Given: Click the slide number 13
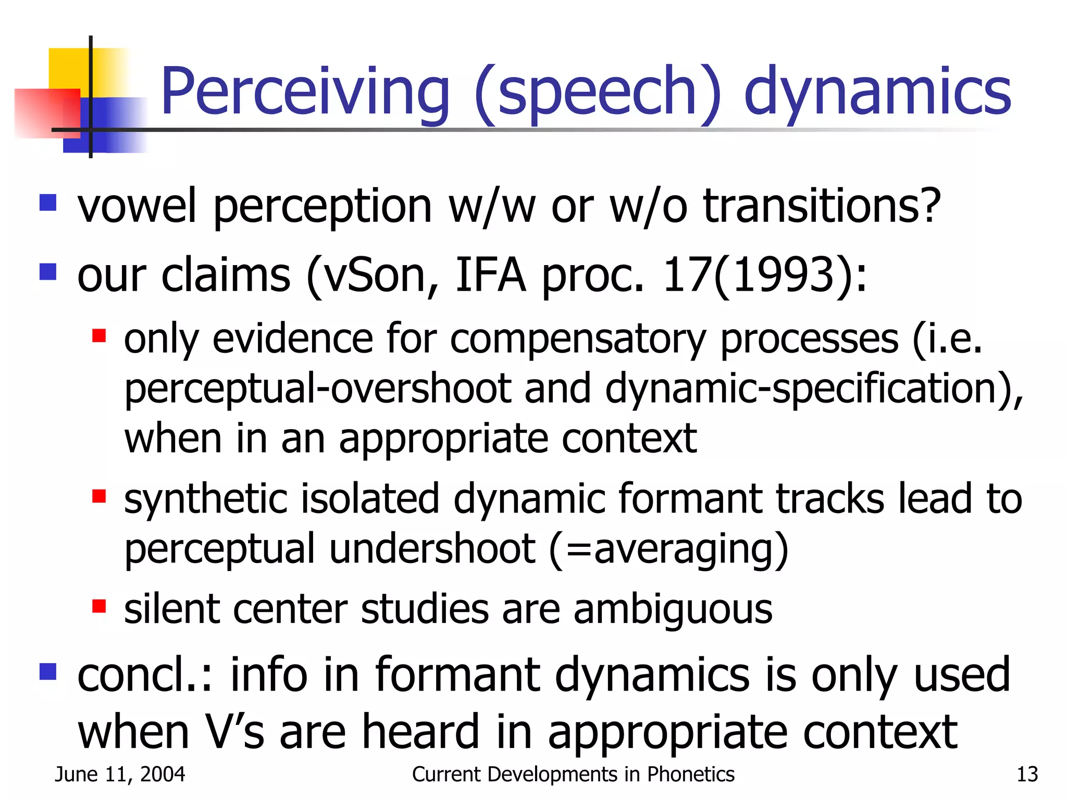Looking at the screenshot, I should tap(1027, 774).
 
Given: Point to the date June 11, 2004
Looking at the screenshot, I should tap(120, 774).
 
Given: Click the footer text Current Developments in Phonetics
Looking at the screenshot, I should tap(573, 774).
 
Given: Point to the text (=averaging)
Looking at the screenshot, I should tap(668, 549).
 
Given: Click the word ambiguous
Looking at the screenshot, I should tap(673, 609).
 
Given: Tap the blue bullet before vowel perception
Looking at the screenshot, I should tap(48, 202).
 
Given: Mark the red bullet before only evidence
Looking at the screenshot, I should tap(99, 336).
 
